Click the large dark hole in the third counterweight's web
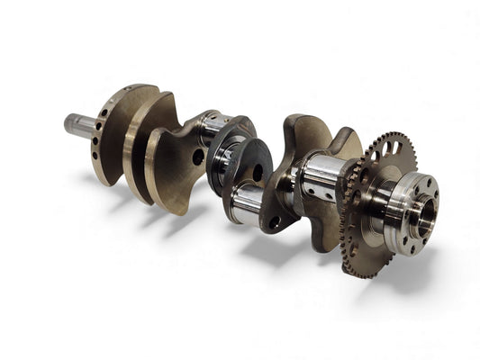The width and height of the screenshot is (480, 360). point(198,157)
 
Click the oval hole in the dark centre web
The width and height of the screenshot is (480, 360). point(258,172)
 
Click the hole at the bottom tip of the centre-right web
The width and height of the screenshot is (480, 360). point(276,220)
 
